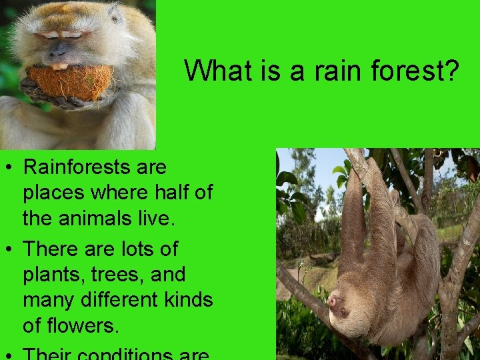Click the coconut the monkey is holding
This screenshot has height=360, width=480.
(69, 81)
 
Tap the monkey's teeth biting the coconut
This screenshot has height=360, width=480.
(61, 66)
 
